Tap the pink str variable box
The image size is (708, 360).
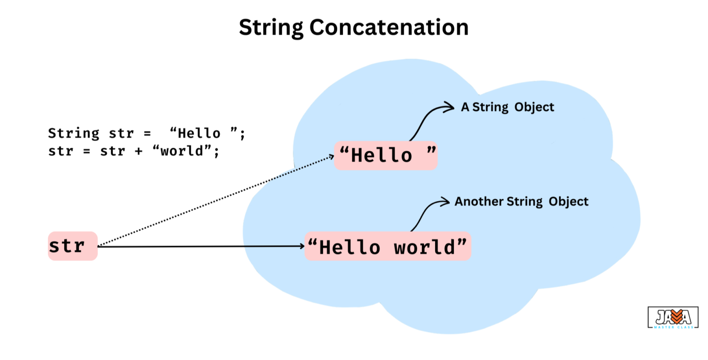pyautogui.click(x=73, y=246)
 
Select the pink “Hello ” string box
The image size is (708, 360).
pyautogui.click(x=386, y=156)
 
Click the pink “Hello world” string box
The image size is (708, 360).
pyautogui.click(x=388, y=247)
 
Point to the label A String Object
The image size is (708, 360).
pyautogui.click(x=507, y=107)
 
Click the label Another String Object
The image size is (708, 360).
pyautogui.click(x=521, y=201)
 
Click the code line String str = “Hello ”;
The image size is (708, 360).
pyautogui.click(x=147, y=134)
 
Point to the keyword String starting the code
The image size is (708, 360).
pyautogui.click(x=73, y=134)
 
